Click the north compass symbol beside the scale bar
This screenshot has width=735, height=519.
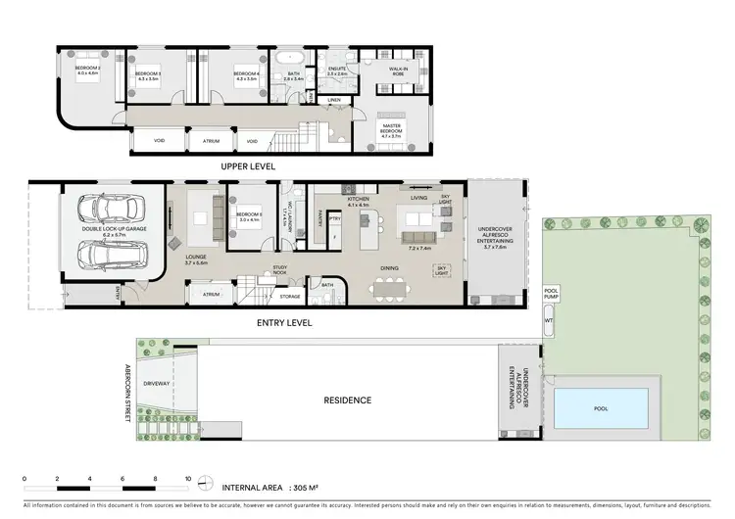[203, 482]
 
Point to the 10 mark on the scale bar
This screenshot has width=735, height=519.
[188, 479]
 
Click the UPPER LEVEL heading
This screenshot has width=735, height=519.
[248, 166]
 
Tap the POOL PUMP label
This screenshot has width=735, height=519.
[550, 292]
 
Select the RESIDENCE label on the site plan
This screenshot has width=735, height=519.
[347, 400]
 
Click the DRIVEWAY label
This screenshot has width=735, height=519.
[157, 384]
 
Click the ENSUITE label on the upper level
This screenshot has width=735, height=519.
[337, 71]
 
